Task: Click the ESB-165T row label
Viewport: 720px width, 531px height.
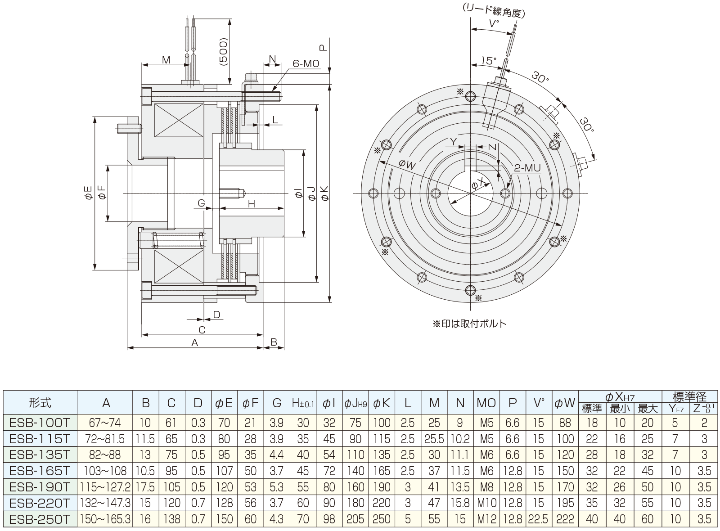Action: coord(40,471)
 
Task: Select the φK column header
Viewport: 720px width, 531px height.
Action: coord(382,403)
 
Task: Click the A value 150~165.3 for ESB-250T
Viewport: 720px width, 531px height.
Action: coord(105,519)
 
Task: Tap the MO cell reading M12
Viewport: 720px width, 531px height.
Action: coord(487,519)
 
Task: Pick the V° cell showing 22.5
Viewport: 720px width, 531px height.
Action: coord(538,519)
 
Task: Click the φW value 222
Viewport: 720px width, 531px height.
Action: coord(565,519)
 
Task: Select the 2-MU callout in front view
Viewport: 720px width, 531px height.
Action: coord(526,168)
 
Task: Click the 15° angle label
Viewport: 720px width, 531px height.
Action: coord(488,61)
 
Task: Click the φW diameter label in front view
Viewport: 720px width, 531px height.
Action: coord(406,166)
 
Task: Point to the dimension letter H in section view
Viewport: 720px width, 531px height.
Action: coord(252,204)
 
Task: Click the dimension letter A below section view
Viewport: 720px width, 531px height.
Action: coord(194,343)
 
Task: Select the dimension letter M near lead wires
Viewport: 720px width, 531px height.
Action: coord(166,60)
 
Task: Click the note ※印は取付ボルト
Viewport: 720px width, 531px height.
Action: coord(469,324)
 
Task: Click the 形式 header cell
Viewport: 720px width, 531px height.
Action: coord(40,403)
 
